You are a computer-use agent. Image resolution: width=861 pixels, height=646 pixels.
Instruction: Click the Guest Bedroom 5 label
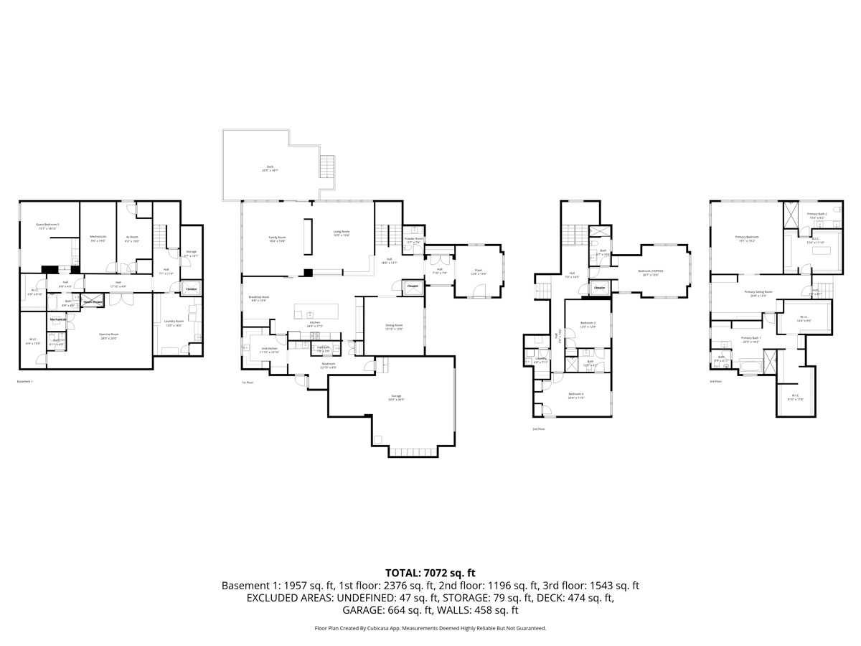(48, 225)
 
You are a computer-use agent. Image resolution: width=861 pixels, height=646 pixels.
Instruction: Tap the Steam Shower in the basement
(93, 302)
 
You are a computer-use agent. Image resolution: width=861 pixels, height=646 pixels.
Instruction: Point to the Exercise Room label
(108, 334)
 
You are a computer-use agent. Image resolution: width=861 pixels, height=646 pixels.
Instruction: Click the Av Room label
(132, 237)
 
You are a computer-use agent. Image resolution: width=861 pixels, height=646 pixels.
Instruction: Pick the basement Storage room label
(190, 253)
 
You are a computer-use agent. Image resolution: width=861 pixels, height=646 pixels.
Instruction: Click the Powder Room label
(414, 239)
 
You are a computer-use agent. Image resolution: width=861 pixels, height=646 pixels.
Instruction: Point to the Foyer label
(478, 271)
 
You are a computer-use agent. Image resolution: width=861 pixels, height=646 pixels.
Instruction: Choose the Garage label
(395, 397)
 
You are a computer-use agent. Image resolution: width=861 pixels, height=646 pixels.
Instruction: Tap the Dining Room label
(394, 327)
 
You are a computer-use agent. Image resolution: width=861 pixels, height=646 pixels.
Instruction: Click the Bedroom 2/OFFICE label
(650, 271)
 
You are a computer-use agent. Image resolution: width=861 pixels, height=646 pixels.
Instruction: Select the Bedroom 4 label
(576, 394)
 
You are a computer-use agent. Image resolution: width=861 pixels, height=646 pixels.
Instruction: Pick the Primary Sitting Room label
(758, 292)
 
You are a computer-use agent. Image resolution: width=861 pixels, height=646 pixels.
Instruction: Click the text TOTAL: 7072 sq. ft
(430, 572)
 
